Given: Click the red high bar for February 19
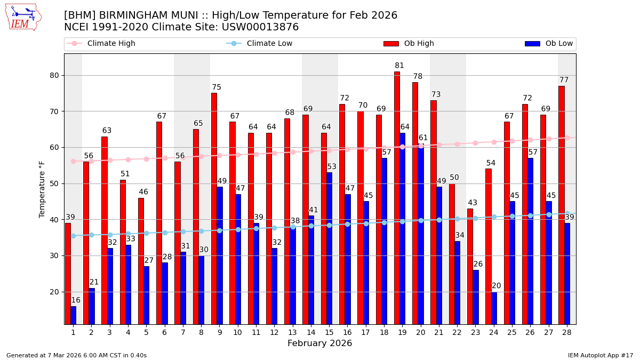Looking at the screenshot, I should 397,197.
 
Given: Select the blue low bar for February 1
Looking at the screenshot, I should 73,315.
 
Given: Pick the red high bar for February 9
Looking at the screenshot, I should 214,208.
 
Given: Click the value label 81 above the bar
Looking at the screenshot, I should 399,66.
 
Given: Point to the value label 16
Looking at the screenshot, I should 76,300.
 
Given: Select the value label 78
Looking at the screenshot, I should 418,77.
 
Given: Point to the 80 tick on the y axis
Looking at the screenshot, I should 53,75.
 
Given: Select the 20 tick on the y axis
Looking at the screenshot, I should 53,292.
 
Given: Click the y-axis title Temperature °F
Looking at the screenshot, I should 42,189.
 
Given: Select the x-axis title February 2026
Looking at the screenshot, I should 319,343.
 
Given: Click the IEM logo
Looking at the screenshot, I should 23,17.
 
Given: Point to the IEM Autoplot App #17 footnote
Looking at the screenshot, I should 600,355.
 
